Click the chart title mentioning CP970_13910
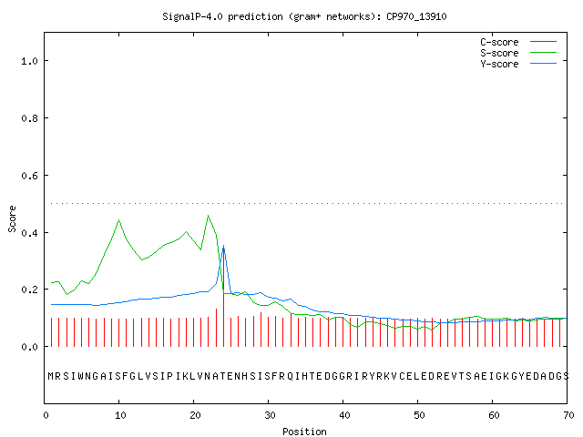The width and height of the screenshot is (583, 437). click(x=304, y=16)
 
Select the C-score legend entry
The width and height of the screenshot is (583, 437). click(x=518, y=42)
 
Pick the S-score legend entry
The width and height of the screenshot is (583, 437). click(x=518, y=53)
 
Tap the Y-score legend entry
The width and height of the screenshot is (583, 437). click(x=518, y=64)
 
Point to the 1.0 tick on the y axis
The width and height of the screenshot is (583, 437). click(x=29, y=61)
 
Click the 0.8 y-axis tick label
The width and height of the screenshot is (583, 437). click(x=29, y=118)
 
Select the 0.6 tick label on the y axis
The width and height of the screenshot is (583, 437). click(x=29, y=176)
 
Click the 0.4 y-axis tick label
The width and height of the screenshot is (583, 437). click(x=29, y=233)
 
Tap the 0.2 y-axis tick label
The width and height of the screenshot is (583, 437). click(x=29, y=290)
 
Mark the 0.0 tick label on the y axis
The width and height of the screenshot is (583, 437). click(x=29, y=347)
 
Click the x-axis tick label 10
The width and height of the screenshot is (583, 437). click(x=120, y=415)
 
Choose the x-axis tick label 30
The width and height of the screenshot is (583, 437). click(x=270, y=415)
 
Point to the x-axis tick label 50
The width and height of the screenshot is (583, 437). click(x=419, y=415)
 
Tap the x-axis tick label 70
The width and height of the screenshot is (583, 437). click(x=568, y=415)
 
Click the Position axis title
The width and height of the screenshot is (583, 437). click(x=304, y=432)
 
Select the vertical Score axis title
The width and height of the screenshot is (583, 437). click(x=12, y=218)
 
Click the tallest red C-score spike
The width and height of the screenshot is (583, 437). click(x=223, y=298)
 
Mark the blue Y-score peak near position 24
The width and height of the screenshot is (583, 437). click(x=223, y=246)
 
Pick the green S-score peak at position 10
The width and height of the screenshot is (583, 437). click(x=119, y=220)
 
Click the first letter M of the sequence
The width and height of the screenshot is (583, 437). click(x=51, y=376)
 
